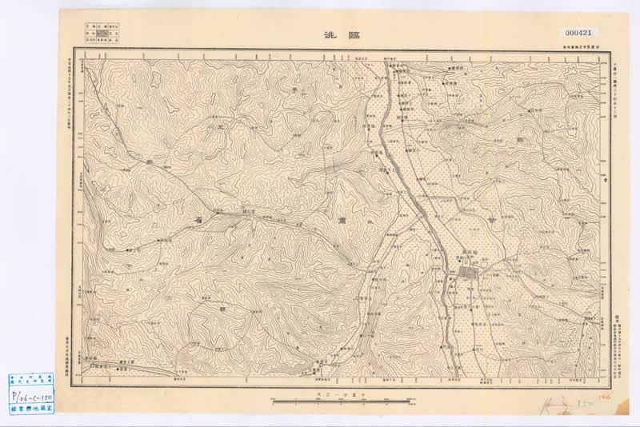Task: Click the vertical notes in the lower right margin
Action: tap(618, 340)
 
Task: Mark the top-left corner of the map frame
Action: tap(77, 57)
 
